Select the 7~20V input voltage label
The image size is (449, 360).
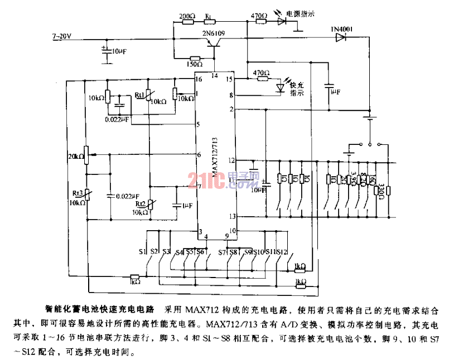point(62,36)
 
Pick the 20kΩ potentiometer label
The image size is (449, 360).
point(75,157)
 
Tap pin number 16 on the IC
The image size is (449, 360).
point(198,79)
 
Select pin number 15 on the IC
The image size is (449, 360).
point(229,79)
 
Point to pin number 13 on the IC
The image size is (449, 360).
point(231,217)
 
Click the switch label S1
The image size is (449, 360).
point(143,251)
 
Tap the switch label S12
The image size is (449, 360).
point(281,252)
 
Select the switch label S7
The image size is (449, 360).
point(223,252)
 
